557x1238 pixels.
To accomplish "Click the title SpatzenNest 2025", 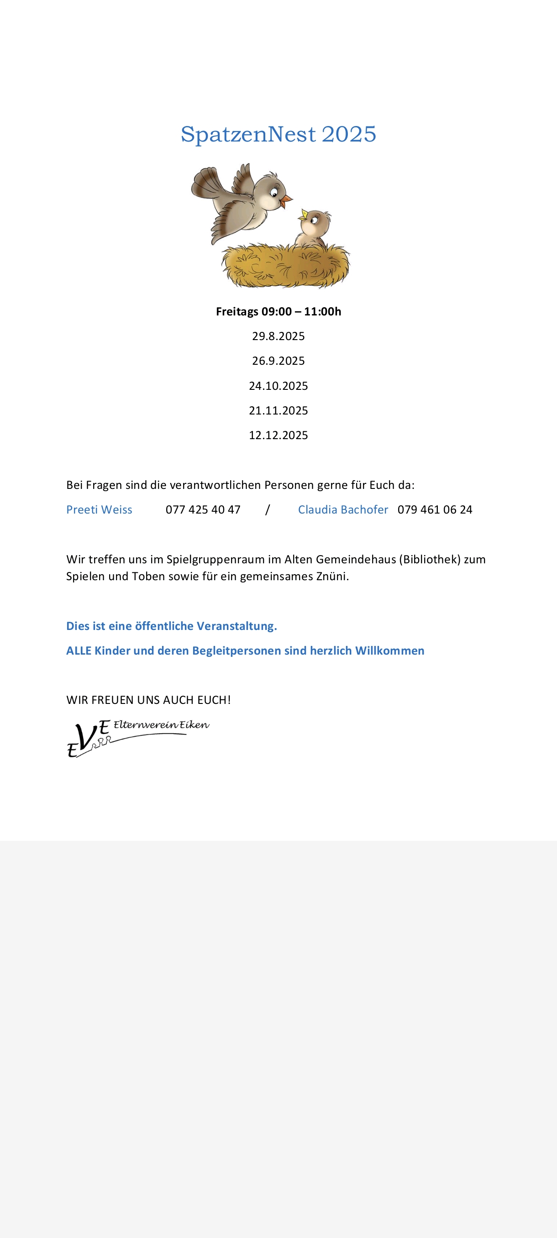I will pyautogui.click(x=278, y=134).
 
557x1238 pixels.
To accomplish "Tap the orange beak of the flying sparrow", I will pyautogui.click(x=286, y=199).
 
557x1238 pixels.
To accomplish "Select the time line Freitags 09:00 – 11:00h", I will pyautogui.click(x=278, y=311).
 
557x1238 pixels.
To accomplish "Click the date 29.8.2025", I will pyautogui.click(x=278, y=336).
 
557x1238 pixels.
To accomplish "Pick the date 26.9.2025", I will pyautogui.click(x=278, y=361).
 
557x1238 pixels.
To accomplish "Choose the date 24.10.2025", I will pyautogui.click(x=278, y=386).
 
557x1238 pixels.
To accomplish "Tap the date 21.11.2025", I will pyautogui.click(x=278, y=410).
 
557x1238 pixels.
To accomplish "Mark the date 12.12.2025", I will pyautogui.click(x=278, y=435).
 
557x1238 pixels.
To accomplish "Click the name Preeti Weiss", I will pyautogui.click(x=99, y=509).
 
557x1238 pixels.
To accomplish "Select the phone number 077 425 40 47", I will pyautogui.click(x=203, y=509).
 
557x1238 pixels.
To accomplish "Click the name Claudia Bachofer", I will pyautogui.click(x=343, y=509).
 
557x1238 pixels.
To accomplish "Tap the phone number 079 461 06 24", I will pyautogui.click(x=435, y=509).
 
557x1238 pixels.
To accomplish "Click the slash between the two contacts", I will pyautogui.click(x=268, y=509).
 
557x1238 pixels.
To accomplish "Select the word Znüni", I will pyautogui.click(x=332, y=576).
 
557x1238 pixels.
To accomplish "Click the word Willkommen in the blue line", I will pyautogui.click(x=389, y=650).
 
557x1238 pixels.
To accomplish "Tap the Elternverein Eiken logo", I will pyautogui.click(x=137, y=738).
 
